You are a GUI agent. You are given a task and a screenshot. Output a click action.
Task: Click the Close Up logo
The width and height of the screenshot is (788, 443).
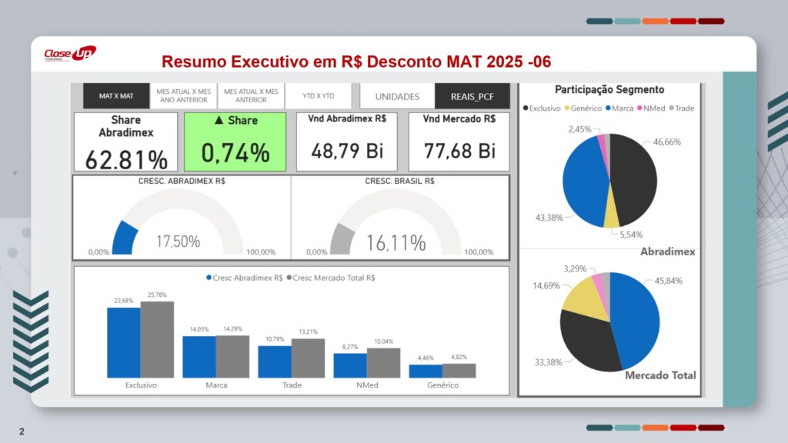[69, 54]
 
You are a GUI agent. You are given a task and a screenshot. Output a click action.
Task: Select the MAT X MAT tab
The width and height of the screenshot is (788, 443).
[115, 96]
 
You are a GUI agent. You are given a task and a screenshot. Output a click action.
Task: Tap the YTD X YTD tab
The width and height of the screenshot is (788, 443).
[318, 96]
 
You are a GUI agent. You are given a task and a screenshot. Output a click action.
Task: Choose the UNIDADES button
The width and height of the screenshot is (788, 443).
[397, 96]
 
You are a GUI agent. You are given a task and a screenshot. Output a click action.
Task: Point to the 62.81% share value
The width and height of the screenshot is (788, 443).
[126, 159]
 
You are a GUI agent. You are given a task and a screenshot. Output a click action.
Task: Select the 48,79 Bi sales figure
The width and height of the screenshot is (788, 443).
[347, 151]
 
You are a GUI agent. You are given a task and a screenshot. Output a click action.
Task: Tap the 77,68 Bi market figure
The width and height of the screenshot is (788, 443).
[459, 151]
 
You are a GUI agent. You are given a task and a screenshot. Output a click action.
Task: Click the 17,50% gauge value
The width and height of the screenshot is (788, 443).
[178, 241]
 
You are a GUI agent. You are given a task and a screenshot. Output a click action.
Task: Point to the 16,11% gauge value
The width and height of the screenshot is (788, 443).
[396, 243]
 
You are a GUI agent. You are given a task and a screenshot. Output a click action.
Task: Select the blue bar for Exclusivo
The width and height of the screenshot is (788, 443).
[123, 342]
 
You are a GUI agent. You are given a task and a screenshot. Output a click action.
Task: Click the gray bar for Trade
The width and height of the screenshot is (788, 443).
[308, 358]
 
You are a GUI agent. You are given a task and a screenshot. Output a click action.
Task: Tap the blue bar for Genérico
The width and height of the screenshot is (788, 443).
[426, 371]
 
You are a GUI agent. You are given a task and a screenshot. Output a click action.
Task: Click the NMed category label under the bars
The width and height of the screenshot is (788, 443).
[367, 385]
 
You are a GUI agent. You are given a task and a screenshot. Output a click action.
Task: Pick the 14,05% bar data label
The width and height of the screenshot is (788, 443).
[199, 329]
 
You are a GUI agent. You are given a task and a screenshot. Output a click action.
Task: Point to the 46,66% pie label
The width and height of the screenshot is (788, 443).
[667, 142]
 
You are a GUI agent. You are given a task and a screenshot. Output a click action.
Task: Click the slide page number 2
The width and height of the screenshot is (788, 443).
[22, 431]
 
